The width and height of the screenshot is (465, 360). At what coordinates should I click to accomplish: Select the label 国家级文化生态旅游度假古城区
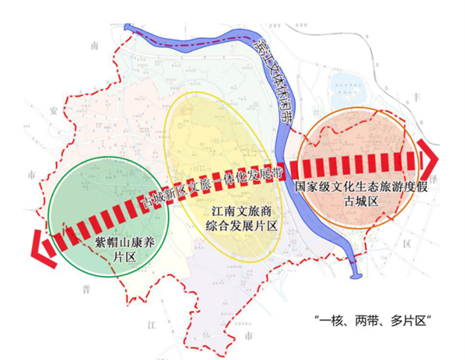pyautogui.click(x=361, y=194)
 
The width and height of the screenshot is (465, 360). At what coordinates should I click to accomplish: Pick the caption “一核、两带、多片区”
pyautogui.click(x=373, y=321)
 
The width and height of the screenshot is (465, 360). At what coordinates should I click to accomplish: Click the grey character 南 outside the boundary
pyautogui.click(x=94, y=46)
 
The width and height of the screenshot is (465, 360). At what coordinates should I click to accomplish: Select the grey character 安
pyautogui.click(x=53, y=111)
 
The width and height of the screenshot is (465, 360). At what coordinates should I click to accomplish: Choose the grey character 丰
pyautogui.click(x=416, y=97)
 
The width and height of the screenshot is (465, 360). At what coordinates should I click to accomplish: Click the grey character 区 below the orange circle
pyautogui.click(x=406, y=243)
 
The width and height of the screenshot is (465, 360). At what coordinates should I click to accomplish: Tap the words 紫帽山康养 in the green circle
pyautogui.click(x=124, y=242)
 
